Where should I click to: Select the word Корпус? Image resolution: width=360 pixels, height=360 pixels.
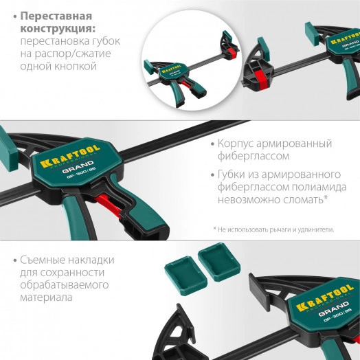238,144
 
